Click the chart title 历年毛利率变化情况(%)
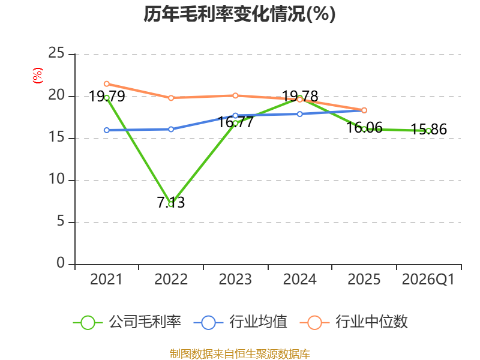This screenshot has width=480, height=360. point(239,14)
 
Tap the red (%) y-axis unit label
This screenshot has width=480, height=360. point(37,76)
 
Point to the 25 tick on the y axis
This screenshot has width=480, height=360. point(56,53)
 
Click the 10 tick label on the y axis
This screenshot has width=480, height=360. point(56,179)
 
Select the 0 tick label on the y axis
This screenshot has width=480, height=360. point(61,263)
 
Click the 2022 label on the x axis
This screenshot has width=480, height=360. point(171,280)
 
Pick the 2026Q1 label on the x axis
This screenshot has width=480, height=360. point(428,280)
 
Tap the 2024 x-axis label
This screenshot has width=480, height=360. point(299,280)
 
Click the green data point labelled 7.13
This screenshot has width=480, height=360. point(171,204)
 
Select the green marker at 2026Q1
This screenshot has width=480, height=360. point(428,131)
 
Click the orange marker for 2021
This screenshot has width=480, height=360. point(107,84)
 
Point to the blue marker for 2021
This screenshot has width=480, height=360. point(107,130)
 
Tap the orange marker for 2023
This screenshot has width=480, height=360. point(235,96)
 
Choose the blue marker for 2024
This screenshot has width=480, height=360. point(299,114)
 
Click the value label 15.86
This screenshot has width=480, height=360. point(428,130)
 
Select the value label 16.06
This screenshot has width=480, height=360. point(364,128)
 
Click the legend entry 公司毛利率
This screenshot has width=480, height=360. point(127,322)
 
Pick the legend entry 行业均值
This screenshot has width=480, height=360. point(241,322)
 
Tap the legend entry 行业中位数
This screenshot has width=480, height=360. point(353,322)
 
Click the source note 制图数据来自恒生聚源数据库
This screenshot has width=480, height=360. point(240,354)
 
